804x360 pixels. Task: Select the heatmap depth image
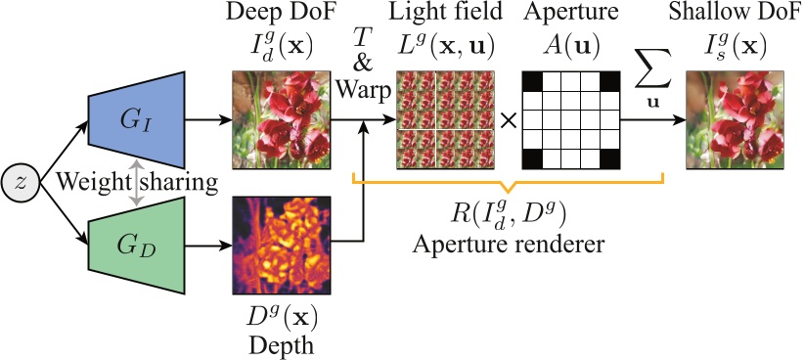(281, 245)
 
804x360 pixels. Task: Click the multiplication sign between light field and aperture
(508, 121)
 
